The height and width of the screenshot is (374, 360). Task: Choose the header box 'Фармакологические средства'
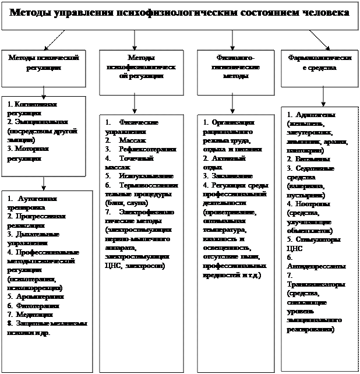[x=319, y=63]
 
